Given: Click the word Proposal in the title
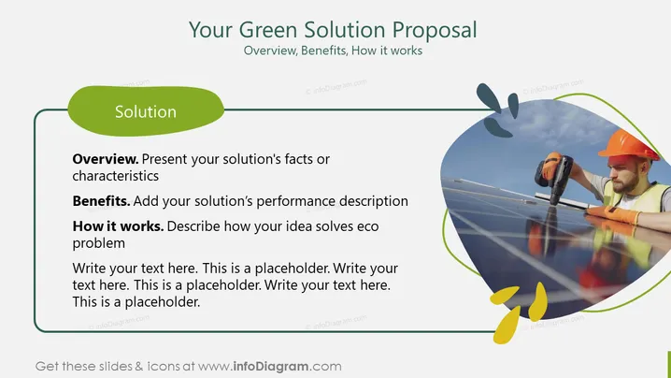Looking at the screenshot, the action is point(435,31).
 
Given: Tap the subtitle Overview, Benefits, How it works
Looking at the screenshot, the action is point(333,51).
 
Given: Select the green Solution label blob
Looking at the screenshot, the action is point(146,111).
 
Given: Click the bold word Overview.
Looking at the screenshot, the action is point(106,159).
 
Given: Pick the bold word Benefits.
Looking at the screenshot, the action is point(102,201).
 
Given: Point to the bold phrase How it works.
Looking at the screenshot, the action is point(118,226).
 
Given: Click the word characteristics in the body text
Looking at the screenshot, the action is point(116,176).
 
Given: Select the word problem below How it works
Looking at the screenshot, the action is point(99,243).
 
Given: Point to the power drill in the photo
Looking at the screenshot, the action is point(554,177).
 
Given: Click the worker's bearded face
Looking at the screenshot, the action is point(625,175).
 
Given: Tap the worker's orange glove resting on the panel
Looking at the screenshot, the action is point(613,214).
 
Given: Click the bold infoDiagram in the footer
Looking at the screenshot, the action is point(271,367).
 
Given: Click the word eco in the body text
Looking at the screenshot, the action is point(368,226).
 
